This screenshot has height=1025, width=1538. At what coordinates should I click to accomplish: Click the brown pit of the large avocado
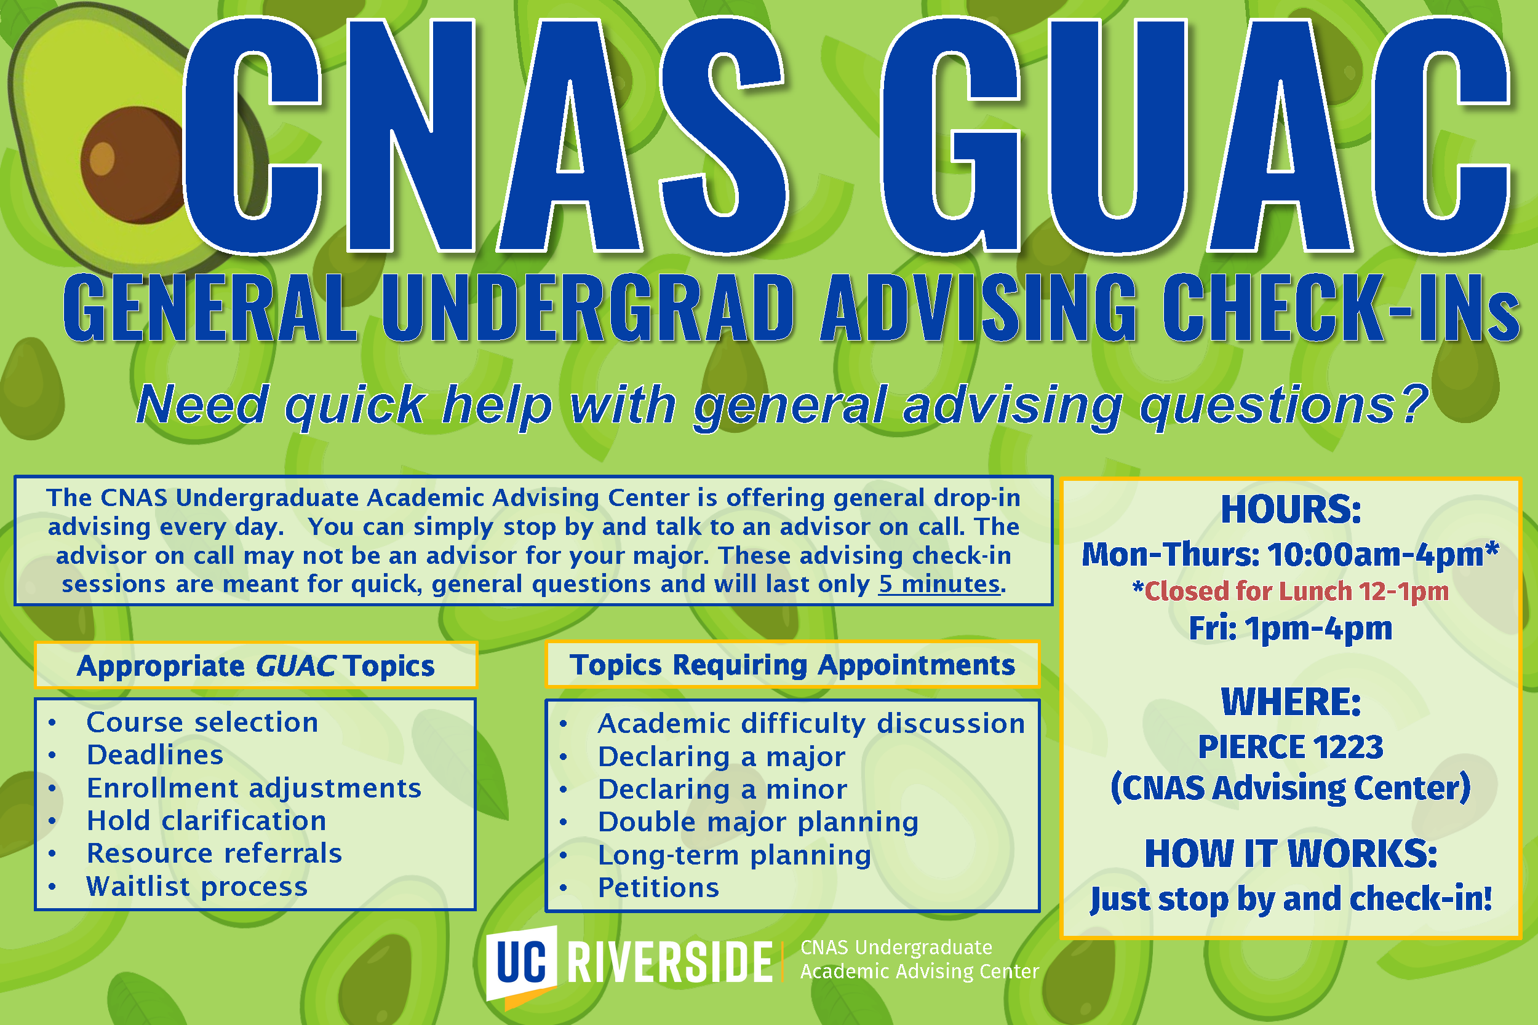(131, 164)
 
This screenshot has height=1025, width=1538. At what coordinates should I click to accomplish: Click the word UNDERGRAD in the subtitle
(588, 307)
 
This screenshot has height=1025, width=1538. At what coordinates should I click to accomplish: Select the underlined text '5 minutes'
(939, 584)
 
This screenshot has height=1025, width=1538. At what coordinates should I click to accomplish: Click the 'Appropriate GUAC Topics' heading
(256, 665)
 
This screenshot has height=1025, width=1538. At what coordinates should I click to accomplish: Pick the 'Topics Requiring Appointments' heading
(792, 665)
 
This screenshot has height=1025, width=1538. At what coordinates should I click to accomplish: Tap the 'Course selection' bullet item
(202, 722)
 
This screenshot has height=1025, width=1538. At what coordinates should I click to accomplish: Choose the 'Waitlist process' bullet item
(197, 887)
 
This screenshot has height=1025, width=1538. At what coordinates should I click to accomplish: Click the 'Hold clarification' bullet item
(207, 820)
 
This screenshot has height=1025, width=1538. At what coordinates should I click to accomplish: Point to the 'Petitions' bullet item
(658, 888)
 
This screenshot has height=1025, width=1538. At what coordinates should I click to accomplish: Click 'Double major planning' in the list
(759, 822)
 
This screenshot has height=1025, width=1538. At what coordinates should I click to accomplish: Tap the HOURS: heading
(1291, 509)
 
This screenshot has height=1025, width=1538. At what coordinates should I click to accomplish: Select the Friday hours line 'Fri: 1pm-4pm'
(1291, 629)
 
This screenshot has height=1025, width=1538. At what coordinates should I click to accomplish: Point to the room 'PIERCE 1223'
(1291, 746)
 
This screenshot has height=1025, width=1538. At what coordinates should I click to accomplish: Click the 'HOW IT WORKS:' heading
(1291, 853)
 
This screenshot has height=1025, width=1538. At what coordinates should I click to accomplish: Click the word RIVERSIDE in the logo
(670, 962)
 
